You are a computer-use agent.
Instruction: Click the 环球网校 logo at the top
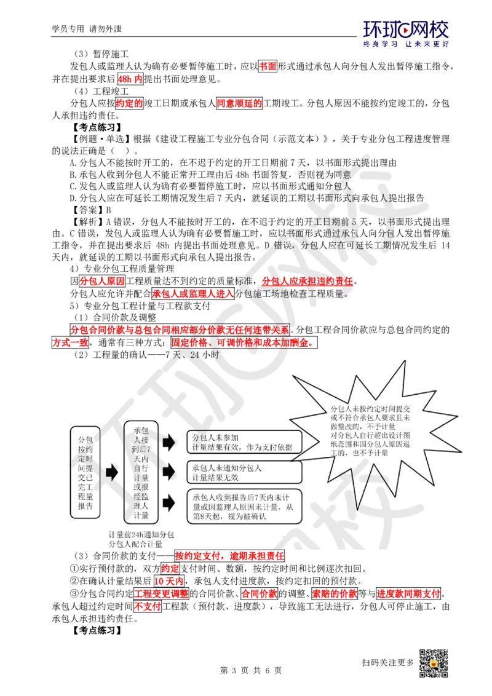(406, 33)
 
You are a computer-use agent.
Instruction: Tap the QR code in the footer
(434, 663)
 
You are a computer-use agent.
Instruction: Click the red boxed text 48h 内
(130, 79)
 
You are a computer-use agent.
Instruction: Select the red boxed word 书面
(268, 66)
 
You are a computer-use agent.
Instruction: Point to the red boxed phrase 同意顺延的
(239, 103)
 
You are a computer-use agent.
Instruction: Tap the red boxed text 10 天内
(169, 581)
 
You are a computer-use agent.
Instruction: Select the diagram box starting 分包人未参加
(244, 442)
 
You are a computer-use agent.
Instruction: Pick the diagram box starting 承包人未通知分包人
(244, 472)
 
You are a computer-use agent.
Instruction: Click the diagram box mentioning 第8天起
(244, 507)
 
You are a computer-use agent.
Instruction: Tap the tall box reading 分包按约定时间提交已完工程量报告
(85, 472)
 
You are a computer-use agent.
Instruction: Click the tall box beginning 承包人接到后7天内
(141, 472)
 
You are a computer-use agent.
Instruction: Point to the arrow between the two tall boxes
(112, 472)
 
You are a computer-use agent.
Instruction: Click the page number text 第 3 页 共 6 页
(251, 670)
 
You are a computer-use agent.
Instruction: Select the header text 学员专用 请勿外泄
(87, 29)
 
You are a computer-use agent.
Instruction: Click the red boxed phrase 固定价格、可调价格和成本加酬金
(244, 342)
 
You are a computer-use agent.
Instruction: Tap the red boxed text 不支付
(148, 606)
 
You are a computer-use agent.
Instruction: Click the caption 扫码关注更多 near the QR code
(388, 662)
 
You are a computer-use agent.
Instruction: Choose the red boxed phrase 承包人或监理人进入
(192, 293)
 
